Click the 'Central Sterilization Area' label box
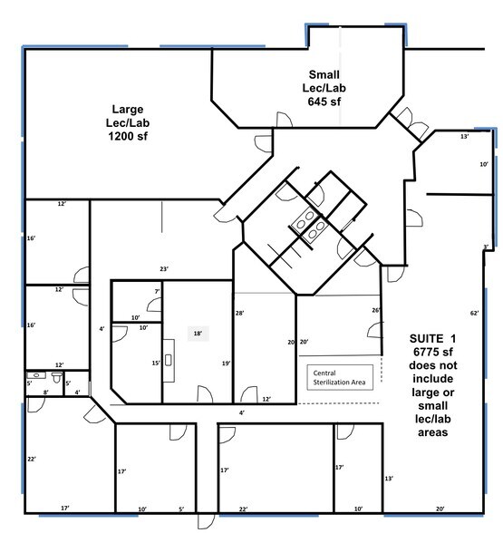pos(339,377)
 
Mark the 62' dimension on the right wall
pos(473,313)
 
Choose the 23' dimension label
pos(164,268)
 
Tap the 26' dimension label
pos(375,310)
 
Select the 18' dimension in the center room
pos(196,334)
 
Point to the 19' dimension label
pos(226,363)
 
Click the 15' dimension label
pos(155,363)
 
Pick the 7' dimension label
pos(157,292)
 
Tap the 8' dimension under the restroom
pos(45,392)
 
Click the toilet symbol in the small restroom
pos(56,374)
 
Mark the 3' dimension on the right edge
pos(486,247)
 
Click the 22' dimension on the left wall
pos(31,459)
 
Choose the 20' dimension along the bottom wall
pos(440,509)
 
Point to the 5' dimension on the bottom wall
pos(181,509)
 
